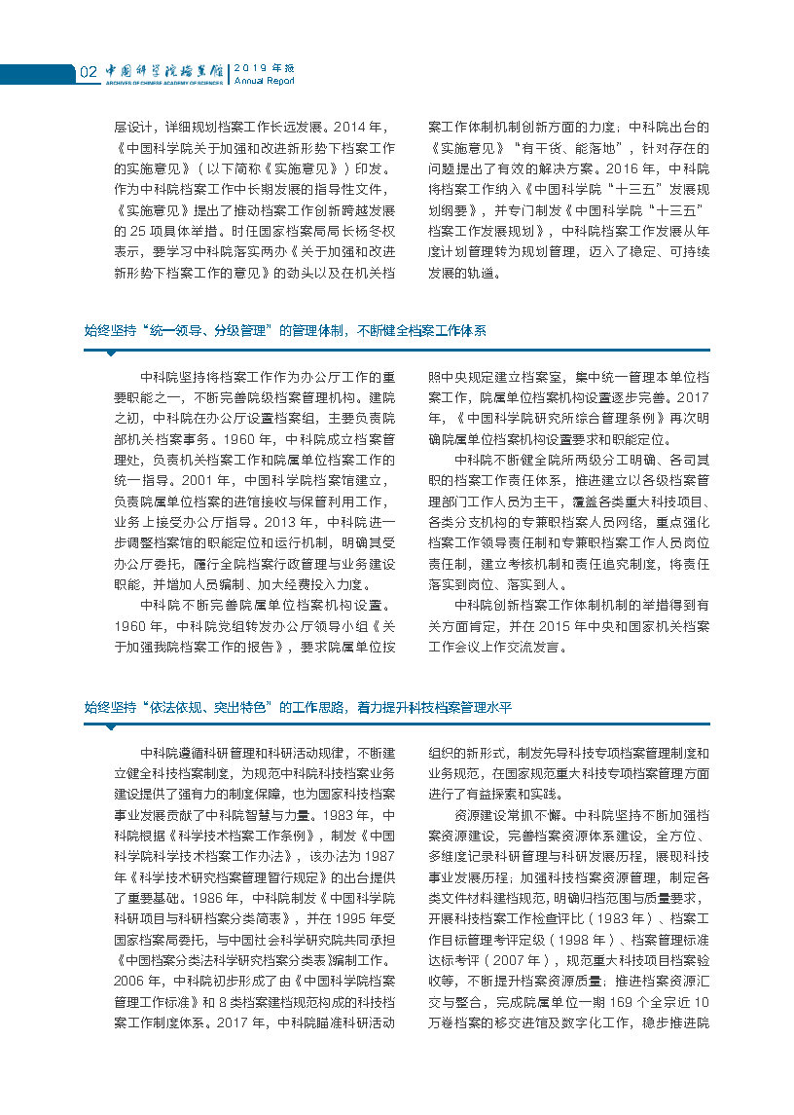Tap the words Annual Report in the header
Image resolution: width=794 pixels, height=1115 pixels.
pyautogui.click(x=264, y=81)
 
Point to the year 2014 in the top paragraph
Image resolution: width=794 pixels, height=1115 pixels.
pyautogui.click(x=357, y=127)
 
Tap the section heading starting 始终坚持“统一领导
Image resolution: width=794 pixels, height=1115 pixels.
pyautogui.click(x=285, y=331)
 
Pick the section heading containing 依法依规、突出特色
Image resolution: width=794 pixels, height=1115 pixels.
pyautogui.click(x=298, y=708)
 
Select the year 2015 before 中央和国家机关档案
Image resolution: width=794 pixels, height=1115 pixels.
pyautogui.click(x=547, y=624)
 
